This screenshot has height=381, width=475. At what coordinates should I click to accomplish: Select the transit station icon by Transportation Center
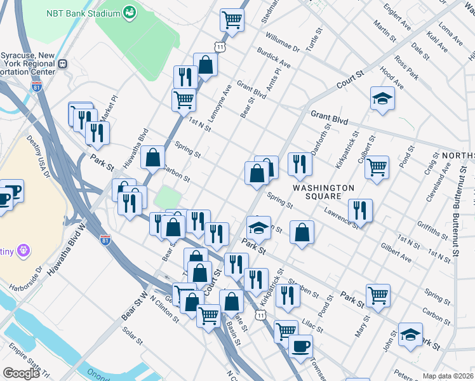click(62, 63)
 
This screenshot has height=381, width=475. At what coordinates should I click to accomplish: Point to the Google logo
click(21, 373)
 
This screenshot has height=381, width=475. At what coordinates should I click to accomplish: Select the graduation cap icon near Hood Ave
click(382, 98)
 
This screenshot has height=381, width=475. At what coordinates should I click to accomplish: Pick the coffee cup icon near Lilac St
click(300, 346)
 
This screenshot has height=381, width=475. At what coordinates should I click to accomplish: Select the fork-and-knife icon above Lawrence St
click(360, 210)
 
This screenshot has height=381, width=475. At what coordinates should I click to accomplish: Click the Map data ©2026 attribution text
click(448, 376)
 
